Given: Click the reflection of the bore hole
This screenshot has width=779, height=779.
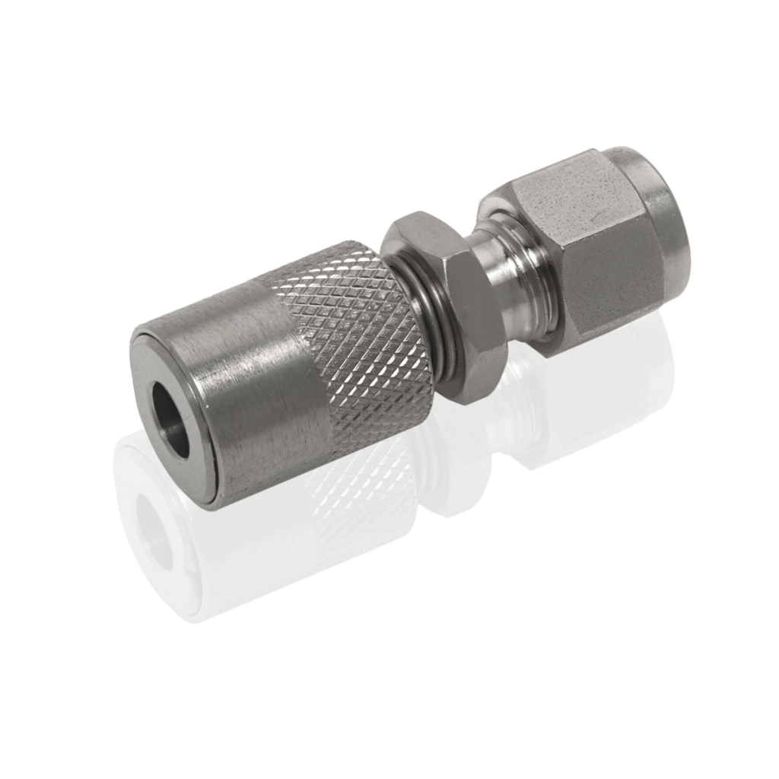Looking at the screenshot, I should (x=156, y=525).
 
